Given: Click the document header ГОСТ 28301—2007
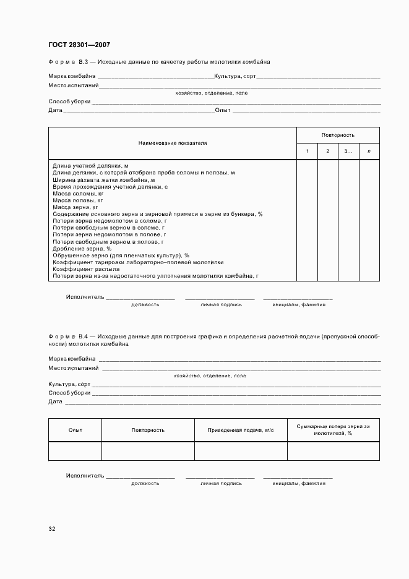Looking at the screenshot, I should [79, 45].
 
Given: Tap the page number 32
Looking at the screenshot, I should [52, 529].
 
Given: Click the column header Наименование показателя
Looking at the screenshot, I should [173, 143].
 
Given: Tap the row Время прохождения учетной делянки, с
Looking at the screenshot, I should [110, 186].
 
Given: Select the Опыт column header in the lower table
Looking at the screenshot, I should [75, 430].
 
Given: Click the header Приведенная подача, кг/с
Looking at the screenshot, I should [241, 430].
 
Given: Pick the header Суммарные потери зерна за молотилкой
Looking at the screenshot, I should [333, 430].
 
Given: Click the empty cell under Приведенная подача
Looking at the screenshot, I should [241, 451].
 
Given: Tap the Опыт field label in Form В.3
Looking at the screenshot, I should [222, 110].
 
